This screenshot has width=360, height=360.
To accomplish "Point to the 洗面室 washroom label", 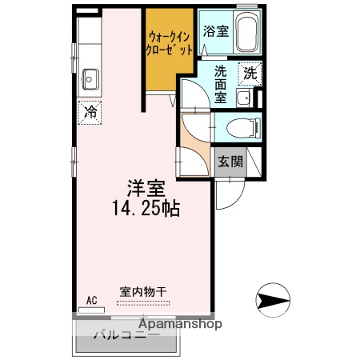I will click(219, 83).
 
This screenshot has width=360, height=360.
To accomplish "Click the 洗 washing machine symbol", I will click(250, 72).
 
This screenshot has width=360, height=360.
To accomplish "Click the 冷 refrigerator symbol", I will click(90, 112).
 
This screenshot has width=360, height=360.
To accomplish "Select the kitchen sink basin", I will click(89, 78).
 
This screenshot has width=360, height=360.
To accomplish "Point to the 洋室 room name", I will click(146, 190).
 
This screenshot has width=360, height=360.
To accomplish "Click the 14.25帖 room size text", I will click(146, 210).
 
